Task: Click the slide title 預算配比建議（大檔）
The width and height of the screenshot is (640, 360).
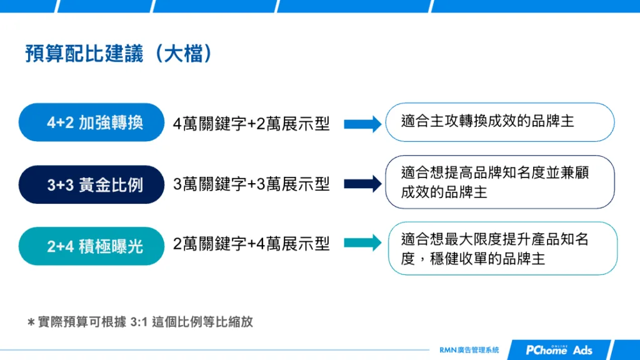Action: pyautogui.click(x=119, y=54)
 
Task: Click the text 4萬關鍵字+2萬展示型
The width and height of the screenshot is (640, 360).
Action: pyautogui.click(x=251, y=124)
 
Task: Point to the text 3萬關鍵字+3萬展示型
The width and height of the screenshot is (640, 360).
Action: pyautogui.click(x=251, y=184)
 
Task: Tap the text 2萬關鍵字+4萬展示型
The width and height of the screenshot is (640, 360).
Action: pyautogui.click(x=251, y=244)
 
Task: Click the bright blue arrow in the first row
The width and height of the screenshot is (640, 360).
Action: pyautogui.click(x=362, y=124)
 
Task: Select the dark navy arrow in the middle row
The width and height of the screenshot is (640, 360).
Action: pyautogui.click(x=362, y=184)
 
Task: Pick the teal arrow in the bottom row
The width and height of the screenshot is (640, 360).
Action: pyautogui.click(x=362, y=243)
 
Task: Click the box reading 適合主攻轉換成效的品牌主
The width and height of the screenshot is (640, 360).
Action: pyautogui.click(x=500, y=122)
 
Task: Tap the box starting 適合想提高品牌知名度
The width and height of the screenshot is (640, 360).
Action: pyautogui.click(x=500, y=182)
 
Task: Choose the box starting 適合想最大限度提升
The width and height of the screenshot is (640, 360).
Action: pyautogui.click(x=502, y=248)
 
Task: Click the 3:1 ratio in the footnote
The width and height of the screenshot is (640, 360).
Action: pyautogui.click(x=137, y=322)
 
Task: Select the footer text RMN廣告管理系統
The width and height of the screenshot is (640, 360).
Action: pyautogui.click(x=469, y=350)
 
